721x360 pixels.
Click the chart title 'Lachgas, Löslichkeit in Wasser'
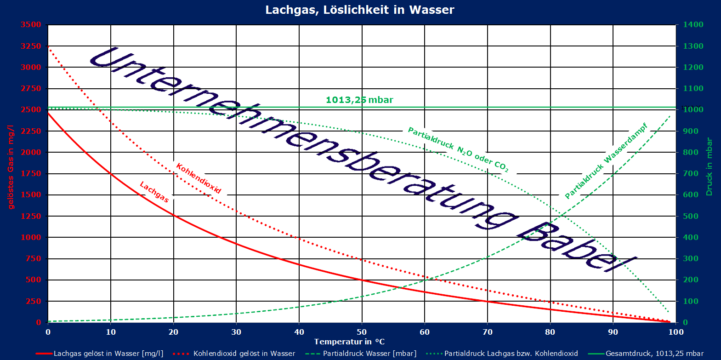(360, 10)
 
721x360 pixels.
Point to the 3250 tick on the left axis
(31, 46)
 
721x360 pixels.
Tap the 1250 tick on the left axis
(31, 216)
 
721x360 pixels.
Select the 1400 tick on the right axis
(693, 25)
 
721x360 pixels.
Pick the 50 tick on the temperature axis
(362, 332)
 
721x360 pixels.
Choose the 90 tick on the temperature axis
(613, 332)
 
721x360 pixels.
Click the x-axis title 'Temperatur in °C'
(349, 342)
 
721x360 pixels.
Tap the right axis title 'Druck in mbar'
(709, 166)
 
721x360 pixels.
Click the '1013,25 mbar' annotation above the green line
(359, 100)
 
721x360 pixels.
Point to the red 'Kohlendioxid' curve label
(199, 178)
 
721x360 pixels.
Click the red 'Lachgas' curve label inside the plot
(154, 192)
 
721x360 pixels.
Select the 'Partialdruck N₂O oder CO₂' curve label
(458, 150)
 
